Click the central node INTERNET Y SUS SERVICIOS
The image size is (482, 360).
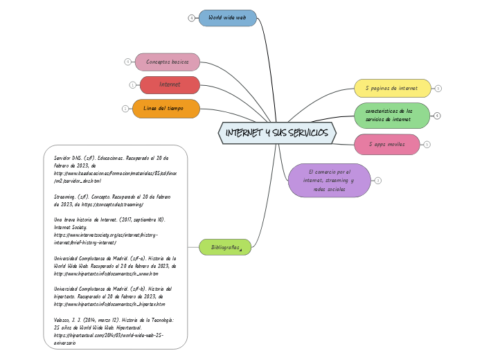point(277,132)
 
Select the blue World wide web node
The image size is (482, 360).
point(227,18)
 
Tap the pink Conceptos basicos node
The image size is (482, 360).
point(167,62)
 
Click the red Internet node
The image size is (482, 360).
point(170,84)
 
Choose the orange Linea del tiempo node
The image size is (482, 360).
point(166,108)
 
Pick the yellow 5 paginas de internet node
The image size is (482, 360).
point(392,88)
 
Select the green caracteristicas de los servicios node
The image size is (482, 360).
point(392,115)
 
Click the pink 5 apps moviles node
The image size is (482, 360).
point(386,144)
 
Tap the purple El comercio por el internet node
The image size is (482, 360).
point(330,180)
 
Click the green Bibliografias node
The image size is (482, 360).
point(226,246)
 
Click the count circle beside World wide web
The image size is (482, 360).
point(191,18)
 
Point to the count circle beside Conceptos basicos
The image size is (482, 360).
point(127,62)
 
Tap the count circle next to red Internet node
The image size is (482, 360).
point(132,84)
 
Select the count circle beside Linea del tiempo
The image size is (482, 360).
point(125,108)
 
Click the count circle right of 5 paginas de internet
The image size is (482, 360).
point(438,88)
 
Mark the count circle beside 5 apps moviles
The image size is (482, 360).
point(427,144)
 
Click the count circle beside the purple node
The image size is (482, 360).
point(378,180)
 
